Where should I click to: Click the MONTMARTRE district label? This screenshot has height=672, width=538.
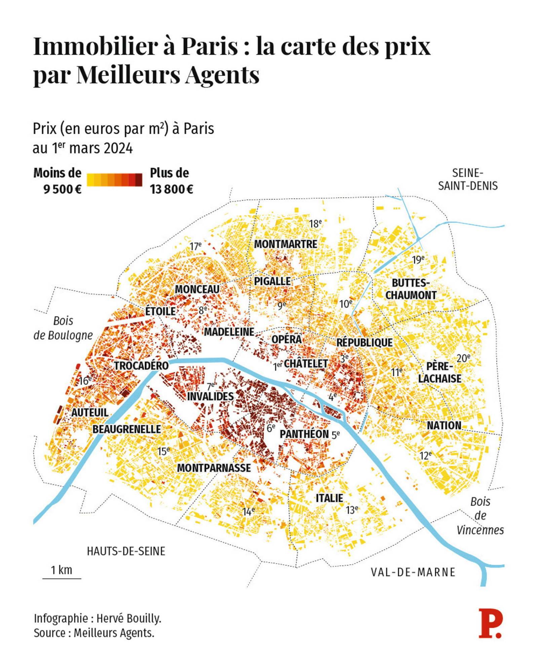click(285, 244)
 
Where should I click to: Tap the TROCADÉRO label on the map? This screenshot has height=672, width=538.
click(141, 366)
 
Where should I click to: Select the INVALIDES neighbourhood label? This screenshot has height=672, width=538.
click(210, 396)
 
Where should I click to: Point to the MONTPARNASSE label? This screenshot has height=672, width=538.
click(214, 468)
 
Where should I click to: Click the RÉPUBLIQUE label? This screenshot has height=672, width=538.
click(364, 342)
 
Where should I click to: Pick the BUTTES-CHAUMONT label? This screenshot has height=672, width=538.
click(411, 289)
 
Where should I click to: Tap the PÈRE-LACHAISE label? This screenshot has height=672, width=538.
click(440, 372)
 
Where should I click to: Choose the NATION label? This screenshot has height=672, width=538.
click(444, 425)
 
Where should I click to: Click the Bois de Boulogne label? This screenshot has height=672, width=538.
click(63, 328)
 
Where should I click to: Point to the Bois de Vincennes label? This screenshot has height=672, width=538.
click(480, 516)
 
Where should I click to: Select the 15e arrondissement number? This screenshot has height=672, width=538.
click(164, 451)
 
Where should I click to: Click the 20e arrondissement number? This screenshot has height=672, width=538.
click(463, 359)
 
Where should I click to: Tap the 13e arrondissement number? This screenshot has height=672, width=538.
click(352, 510)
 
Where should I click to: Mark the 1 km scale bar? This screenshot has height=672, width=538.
click(62, 578)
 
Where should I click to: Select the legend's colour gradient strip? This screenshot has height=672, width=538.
click(114, 180)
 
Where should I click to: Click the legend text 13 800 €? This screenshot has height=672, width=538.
click(171, 190)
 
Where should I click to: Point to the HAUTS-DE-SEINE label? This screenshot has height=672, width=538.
click(126, 551)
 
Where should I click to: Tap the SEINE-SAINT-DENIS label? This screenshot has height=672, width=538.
click(468, 179)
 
